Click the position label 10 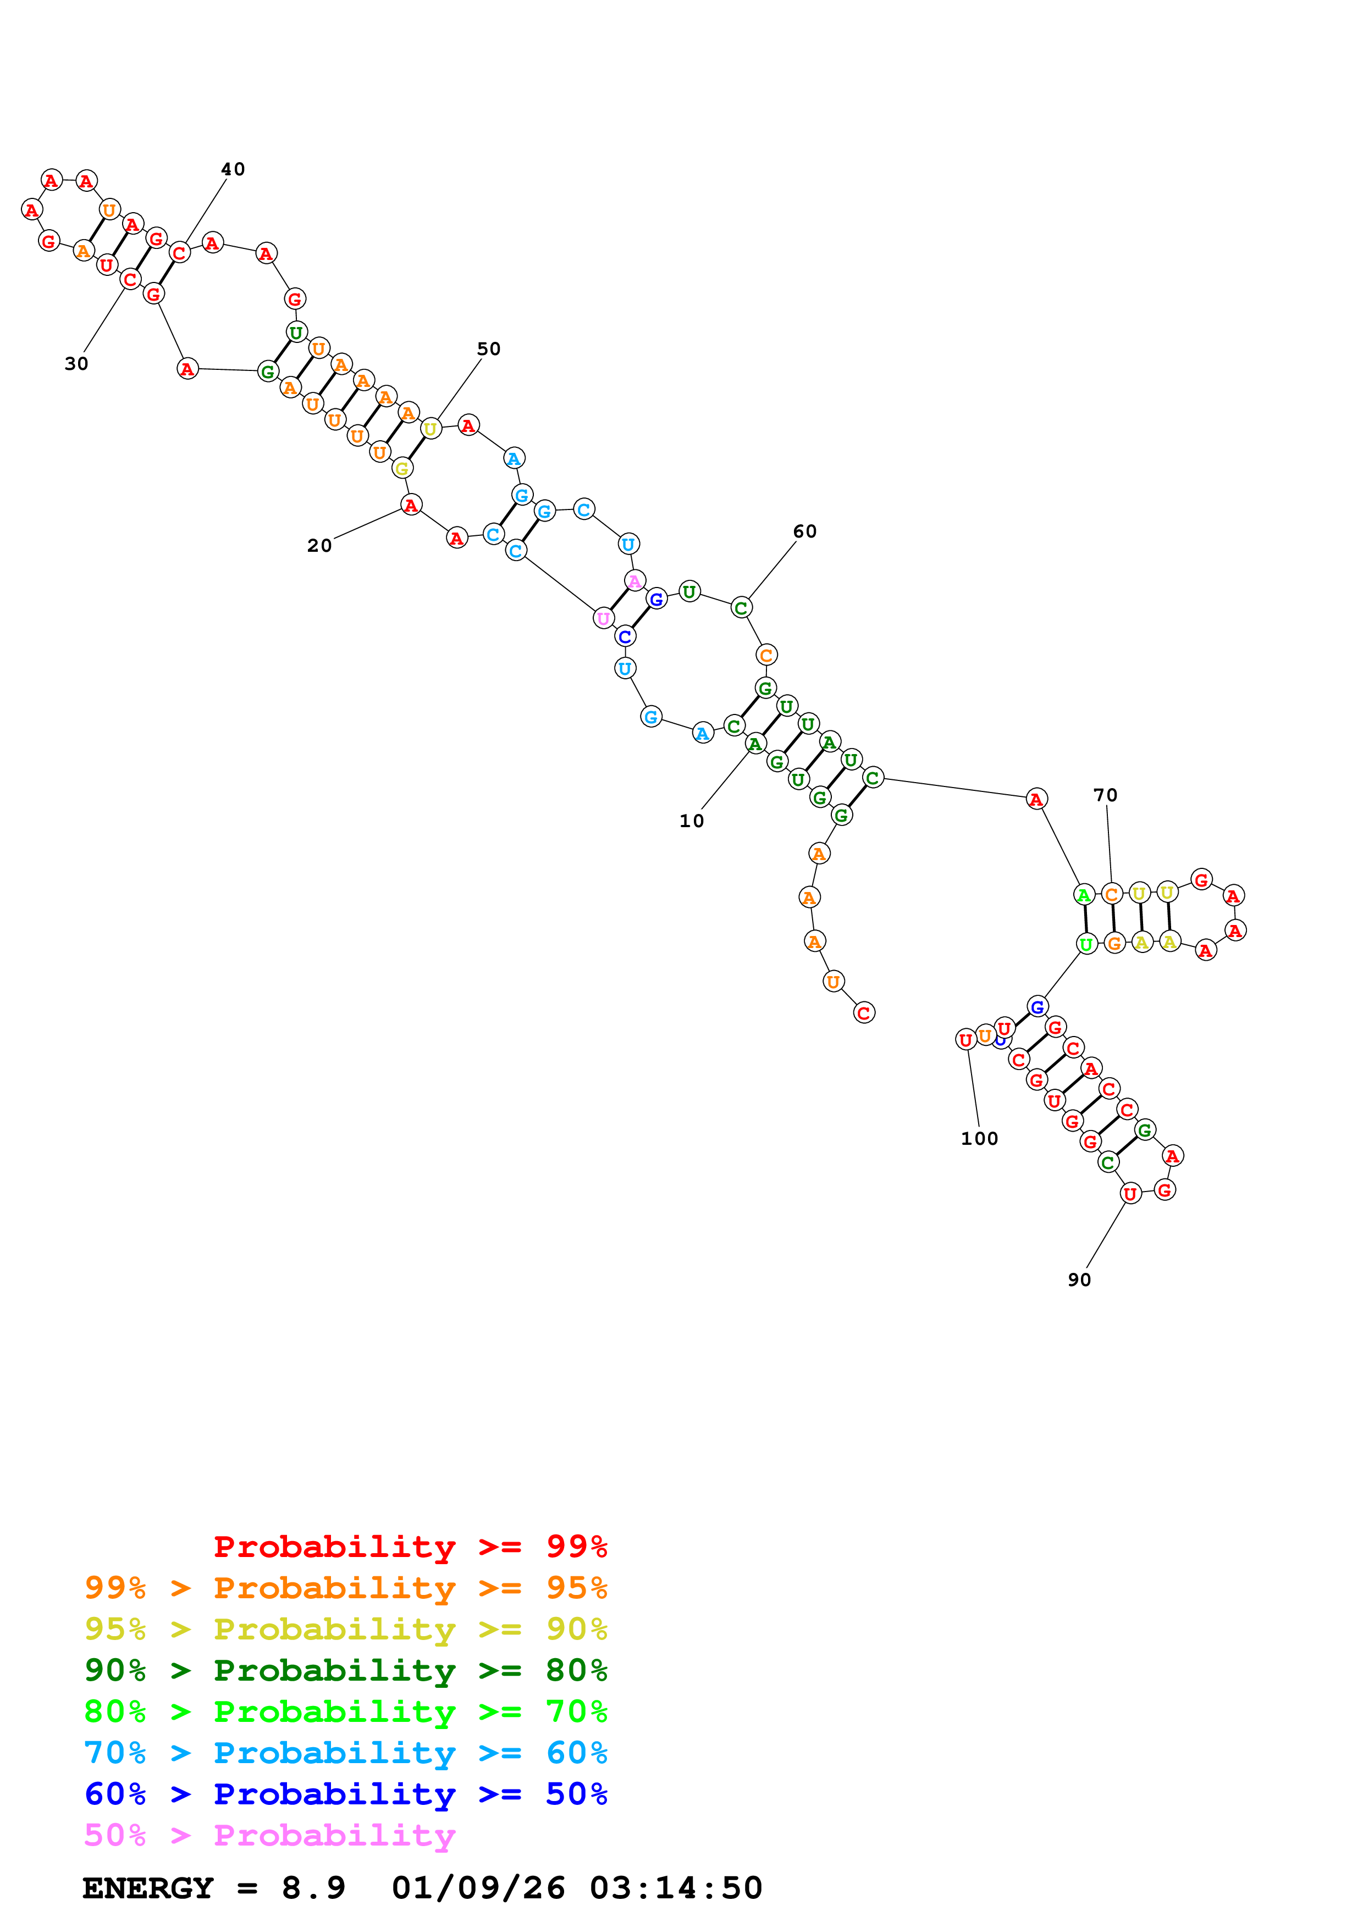(691, 821)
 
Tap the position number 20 (319, 545)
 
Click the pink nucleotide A (635, 580)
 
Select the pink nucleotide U (603, 618)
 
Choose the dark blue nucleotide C (624, 636)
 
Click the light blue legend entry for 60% (345, 1753)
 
